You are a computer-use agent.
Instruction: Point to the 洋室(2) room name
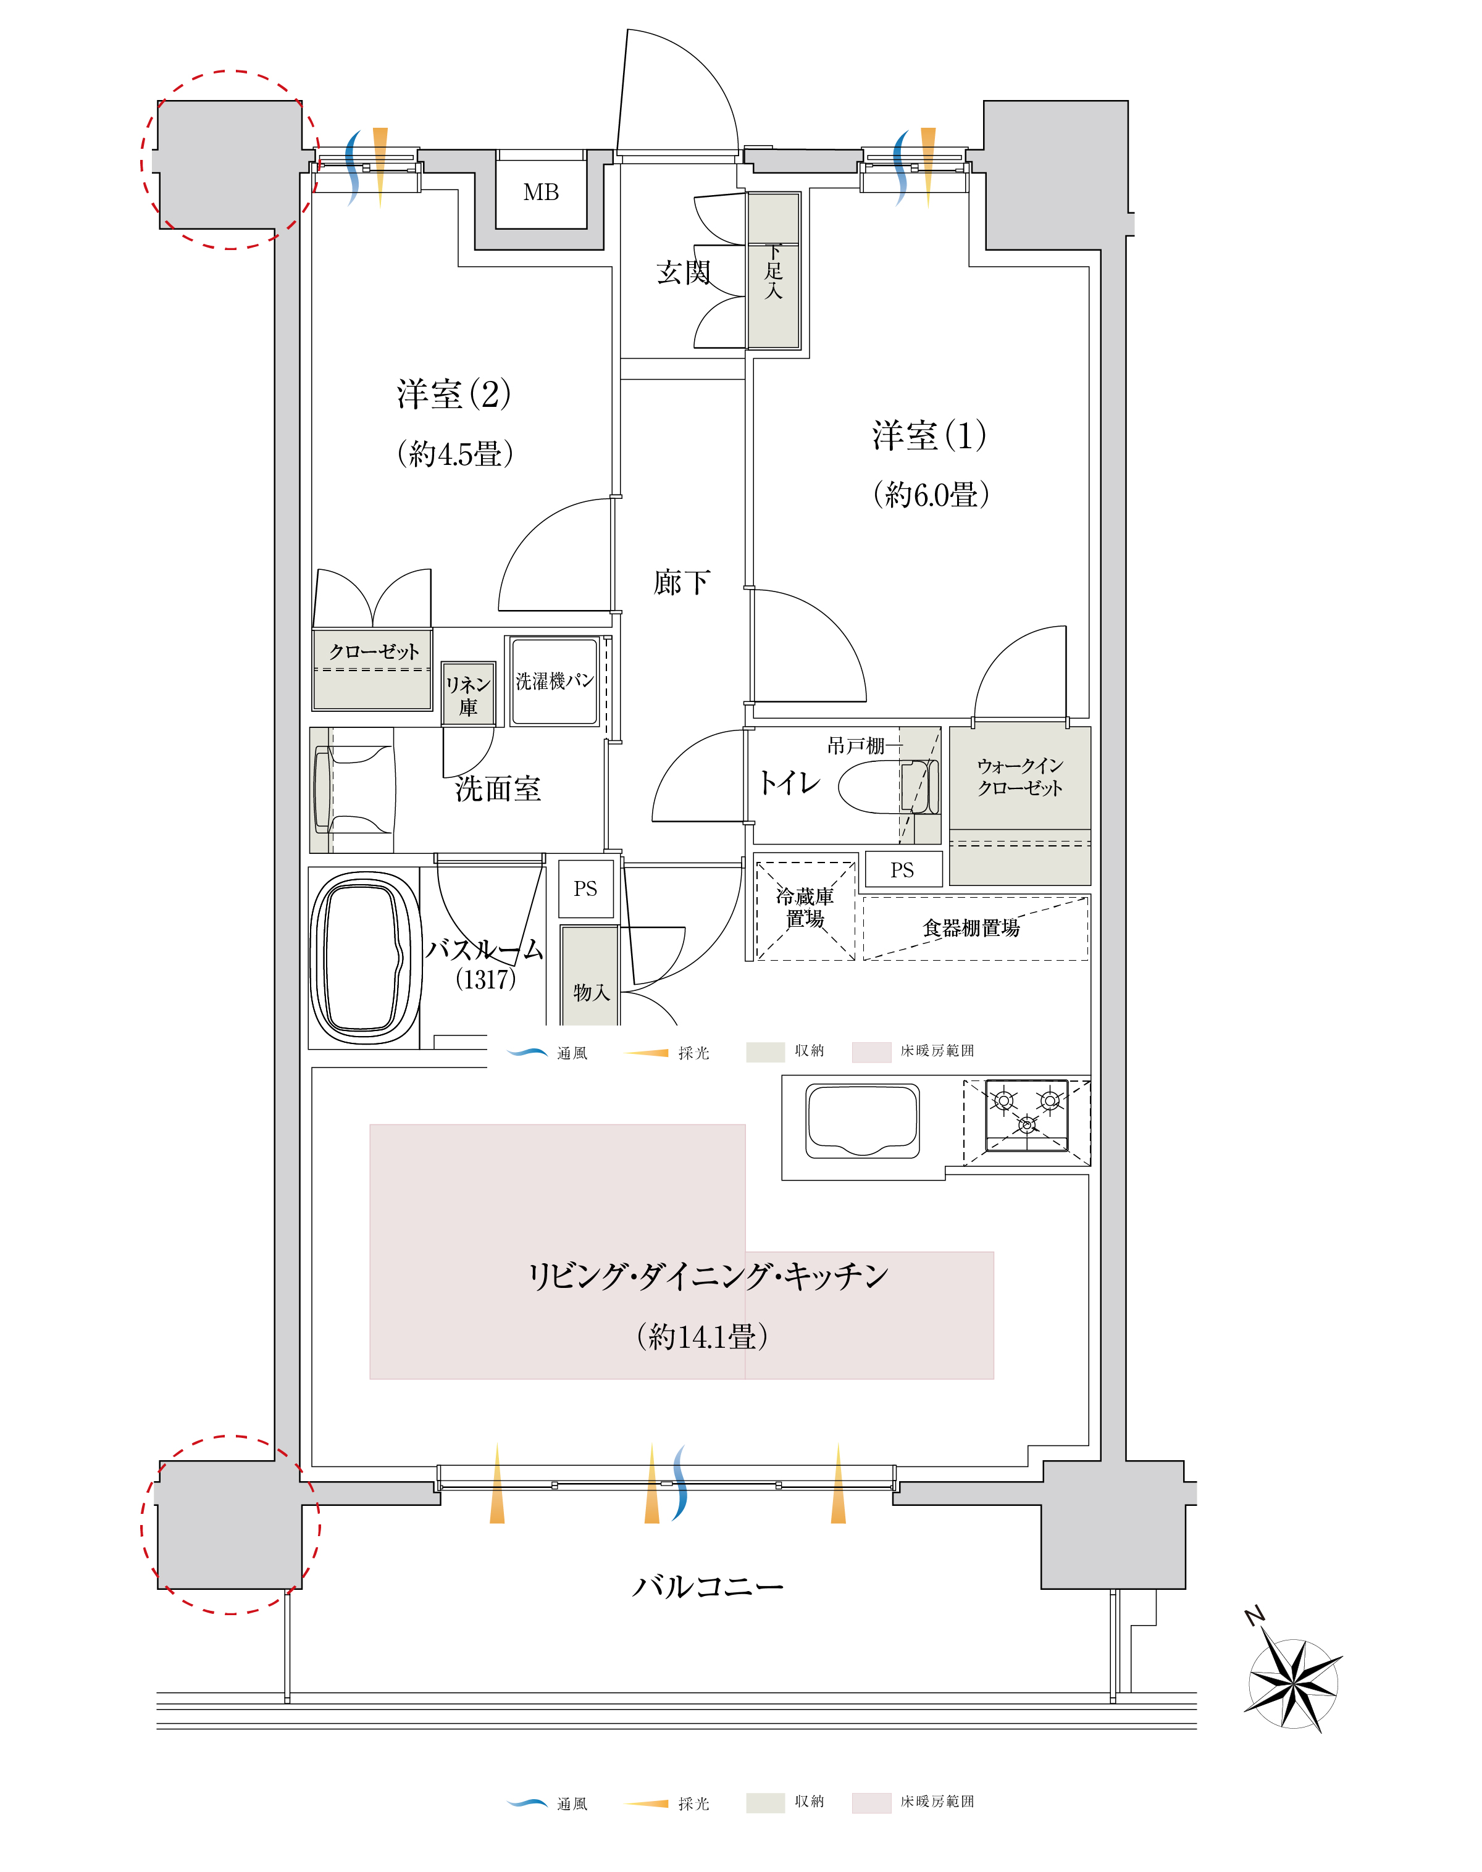pyautogui.click(x=454, y=395)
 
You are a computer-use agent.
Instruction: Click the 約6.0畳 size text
pyautogui.click(x=930, y=495)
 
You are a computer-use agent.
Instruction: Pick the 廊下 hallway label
pyautogui.click(x=682, y=582)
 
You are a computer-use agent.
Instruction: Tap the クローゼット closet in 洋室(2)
pyautogui.click(x=372, y=670)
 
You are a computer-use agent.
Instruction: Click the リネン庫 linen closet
pyautogui.click(x=469, y=694)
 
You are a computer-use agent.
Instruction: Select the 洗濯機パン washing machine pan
pyautogui.click(x=555, y=681)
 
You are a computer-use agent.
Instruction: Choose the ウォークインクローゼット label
pyautogui.click(x=1019, y=776)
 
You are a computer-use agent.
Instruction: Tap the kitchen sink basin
pyautogui.click(x=863, y=1120)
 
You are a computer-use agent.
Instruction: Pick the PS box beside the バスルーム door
pyautogui.click(x=585, y=888)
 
